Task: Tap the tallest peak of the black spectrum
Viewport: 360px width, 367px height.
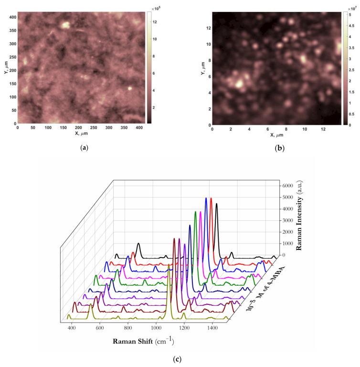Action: coord(216,204)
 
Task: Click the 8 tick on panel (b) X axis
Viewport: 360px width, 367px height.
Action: coord(286,128)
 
